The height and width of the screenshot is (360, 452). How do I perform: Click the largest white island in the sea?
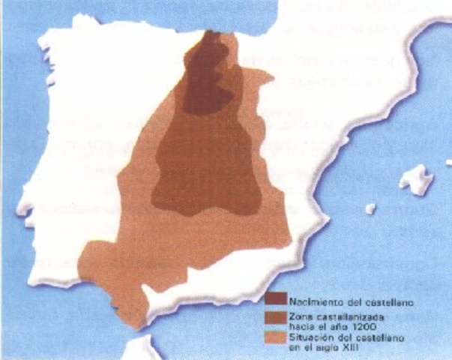tap(417, 180)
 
